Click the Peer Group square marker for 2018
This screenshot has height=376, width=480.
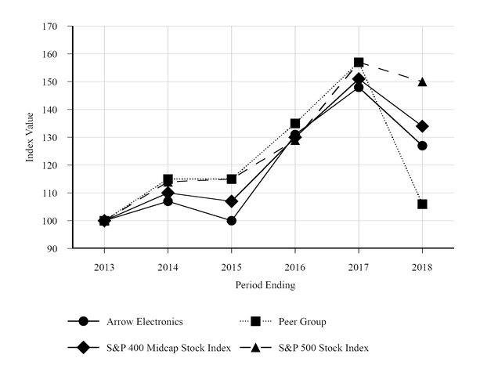pyautogui.click(x=422, y=204)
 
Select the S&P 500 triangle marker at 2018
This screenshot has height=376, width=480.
pyautogui.click(x=422, y=81)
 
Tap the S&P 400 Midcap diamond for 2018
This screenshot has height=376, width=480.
pyautogui.click(x=422, y=126)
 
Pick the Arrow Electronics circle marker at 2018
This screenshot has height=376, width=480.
pyautogui.click(x=422, y=146)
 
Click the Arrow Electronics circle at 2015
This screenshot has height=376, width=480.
pyautogui.click(x=231, y=221)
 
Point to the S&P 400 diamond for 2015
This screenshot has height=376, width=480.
pyautogui.click(x=231, y=201)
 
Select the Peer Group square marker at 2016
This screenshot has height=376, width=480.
pyautogui.click(x=295, y=123)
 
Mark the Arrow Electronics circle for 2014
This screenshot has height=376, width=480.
pyautogui.click(x=168, y=201)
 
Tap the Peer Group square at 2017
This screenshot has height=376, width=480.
pyautogui.click(x=359, y=62)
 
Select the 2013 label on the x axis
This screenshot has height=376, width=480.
pyautogui.click(x=104, y=266)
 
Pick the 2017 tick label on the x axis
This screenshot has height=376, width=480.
pyautogui.click(x=359, y=266)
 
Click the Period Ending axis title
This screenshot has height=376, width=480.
pyautogui.click(x=265, y=286)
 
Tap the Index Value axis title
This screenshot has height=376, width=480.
pyautogui.click(x=31, y=137)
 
